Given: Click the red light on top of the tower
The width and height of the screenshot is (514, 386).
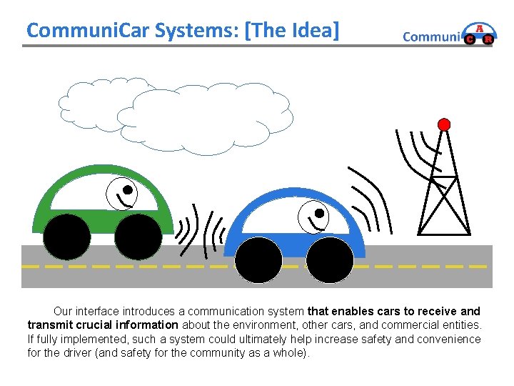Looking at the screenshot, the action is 444,124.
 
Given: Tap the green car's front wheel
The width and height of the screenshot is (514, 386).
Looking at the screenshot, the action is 138,237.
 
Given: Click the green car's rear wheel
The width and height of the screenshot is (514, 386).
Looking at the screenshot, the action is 66,237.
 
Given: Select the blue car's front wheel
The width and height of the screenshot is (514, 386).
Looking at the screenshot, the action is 330,259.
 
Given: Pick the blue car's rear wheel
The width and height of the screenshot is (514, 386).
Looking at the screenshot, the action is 258,259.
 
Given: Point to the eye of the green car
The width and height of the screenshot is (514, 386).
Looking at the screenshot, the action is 128,190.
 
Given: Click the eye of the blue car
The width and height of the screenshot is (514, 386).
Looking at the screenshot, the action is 319,213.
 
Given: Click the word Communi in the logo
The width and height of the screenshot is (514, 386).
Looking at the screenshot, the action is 432,37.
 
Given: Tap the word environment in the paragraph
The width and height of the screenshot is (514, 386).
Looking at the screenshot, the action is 252,325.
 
